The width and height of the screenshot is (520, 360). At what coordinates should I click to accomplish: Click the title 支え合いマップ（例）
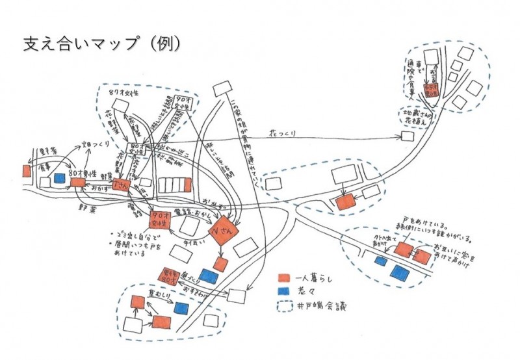101,44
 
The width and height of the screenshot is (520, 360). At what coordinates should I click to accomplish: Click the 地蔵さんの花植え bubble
418,117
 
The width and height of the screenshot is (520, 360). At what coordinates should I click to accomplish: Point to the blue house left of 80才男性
60,177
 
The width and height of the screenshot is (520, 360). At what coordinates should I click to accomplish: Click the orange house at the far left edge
26,170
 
